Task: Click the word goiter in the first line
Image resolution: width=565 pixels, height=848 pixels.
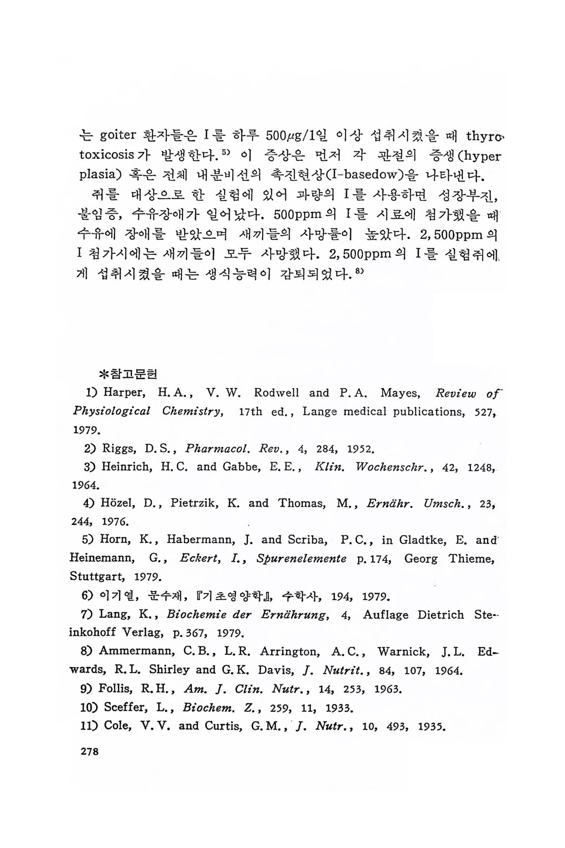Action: coord(118,136)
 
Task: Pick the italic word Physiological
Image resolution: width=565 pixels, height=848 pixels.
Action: coord(112,411)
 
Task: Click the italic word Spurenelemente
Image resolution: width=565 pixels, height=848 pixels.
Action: coord(301,559)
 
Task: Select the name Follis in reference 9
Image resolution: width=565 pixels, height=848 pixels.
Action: coord(116,689)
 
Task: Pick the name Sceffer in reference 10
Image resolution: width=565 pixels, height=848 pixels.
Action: coord(123,707)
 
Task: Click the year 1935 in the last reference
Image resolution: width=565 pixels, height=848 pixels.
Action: coord(431,726)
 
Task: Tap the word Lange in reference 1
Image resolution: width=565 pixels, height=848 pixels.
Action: coord(320,411)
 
